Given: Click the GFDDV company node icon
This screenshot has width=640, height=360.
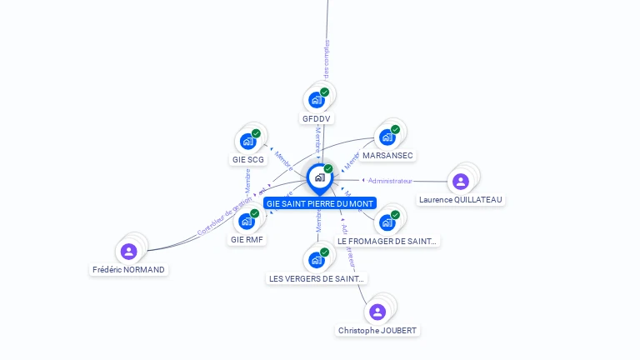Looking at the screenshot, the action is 316,100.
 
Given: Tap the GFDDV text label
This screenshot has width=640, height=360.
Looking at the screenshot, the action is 317,119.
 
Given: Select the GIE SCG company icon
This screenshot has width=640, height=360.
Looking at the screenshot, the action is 247,141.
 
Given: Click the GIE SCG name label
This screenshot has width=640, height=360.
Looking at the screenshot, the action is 247,159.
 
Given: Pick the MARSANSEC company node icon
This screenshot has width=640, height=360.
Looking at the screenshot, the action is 387,137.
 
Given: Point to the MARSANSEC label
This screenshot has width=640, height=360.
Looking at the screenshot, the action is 387,156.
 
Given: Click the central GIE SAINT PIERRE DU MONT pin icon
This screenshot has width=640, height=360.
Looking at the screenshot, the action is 319,177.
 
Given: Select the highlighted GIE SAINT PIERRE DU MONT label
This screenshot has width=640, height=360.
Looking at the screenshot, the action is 320,203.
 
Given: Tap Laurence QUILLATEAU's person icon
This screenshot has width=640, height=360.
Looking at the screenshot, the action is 461,182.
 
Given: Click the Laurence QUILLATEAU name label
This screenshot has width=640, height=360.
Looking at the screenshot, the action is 462,200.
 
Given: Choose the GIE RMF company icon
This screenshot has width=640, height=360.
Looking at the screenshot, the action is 247,221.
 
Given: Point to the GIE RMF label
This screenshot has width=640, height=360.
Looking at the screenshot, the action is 247,240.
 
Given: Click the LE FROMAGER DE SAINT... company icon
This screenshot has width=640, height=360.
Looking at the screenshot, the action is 387,222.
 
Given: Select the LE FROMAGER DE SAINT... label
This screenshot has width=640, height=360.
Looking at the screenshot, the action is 387,241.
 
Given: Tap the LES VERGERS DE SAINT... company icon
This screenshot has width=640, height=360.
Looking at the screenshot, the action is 317,260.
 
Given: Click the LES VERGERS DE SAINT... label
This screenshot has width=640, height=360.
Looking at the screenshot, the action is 317,278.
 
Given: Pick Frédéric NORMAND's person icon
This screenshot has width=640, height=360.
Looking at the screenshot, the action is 128,251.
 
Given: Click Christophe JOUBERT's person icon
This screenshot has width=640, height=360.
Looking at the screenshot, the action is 377,312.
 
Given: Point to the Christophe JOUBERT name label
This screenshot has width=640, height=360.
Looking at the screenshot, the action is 377,331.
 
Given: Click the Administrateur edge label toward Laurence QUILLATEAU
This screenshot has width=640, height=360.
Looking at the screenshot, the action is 390,181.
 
